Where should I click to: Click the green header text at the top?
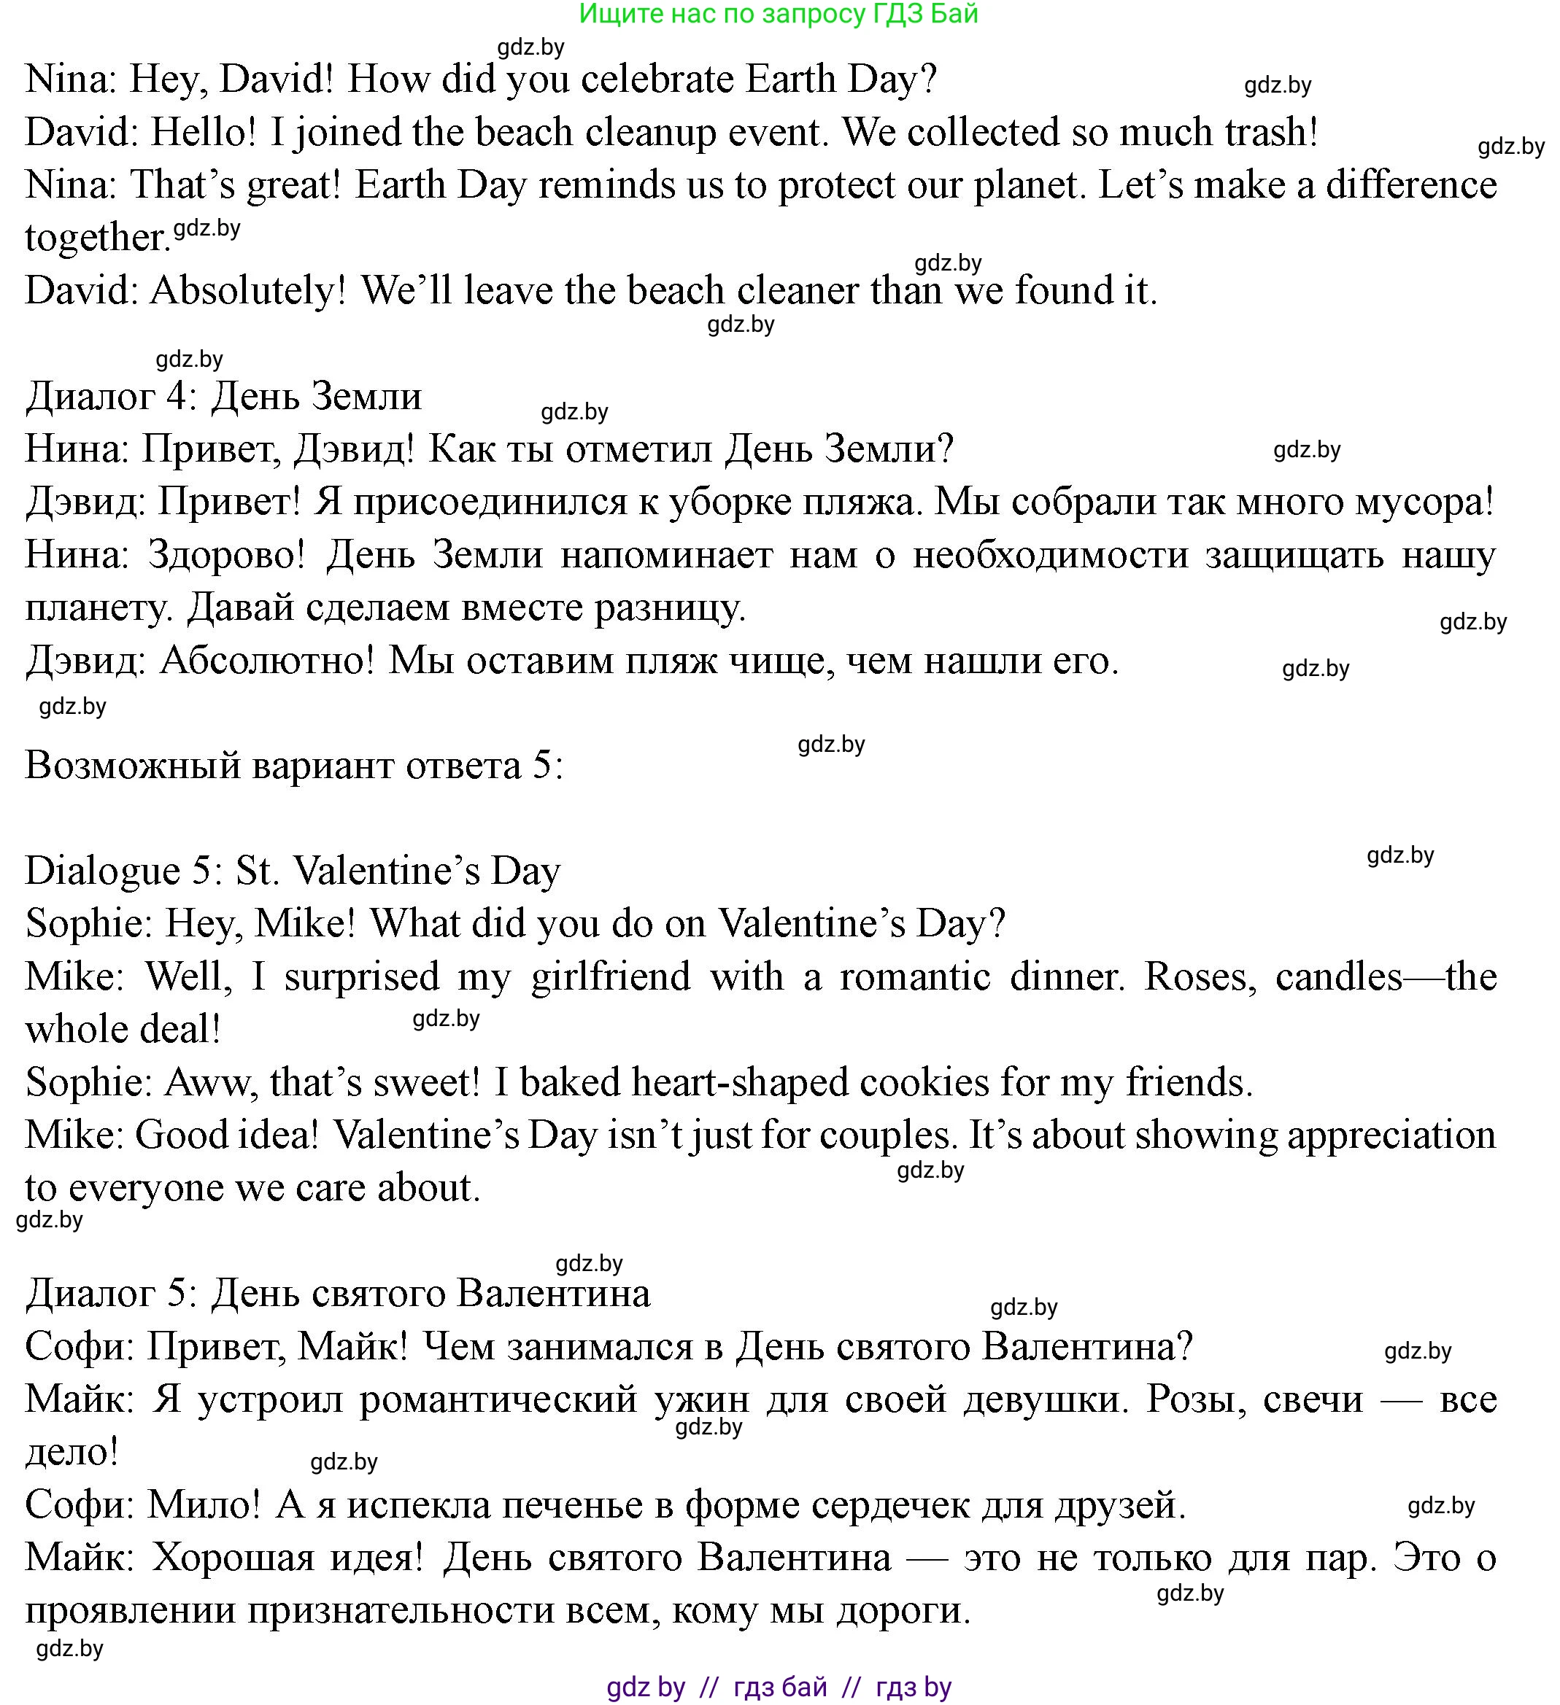(779, 14)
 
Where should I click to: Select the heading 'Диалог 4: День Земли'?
(223, 397)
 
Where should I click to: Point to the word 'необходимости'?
(1050, 556)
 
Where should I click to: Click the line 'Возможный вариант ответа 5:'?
(293, 766)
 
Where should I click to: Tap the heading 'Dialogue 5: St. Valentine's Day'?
(293, 871)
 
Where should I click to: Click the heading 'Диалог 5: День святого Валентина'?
(338, 1294)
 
